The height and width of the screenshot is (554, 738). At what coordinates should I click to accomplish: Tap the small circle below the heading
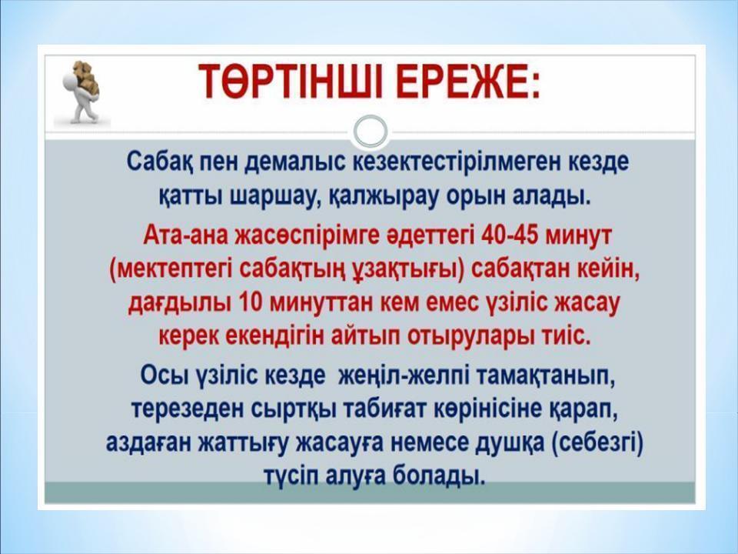pyautogui.click(x=371, y=131)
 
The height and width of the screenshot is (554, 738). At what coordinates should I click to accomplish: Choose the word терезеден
pyautogui.click(x=178, y=410)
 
